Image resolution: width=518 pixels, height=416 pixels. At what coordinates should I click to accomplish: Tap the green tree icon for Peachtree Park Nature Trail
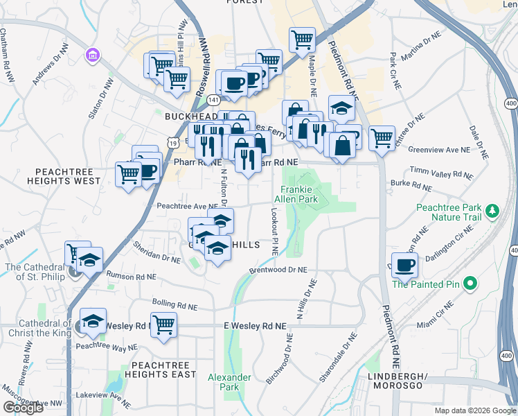492,209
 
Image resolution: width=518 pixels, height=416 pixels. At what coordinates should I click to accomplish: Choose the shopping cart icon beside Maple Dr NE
302,40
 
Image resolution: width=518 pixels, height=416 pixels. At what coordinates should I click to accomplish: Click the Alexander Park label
229,382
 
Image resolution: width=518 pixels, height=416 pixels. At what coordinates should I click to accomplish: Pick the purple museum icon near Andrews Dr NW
91,55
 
